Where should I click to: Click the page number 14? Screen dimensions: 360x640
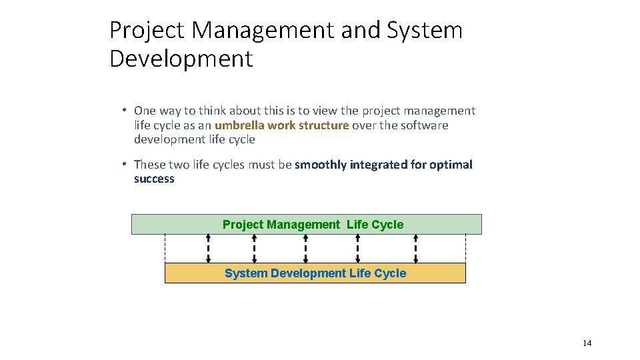pos(587,343)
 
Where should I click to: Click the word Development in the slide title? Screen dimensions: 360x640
pos(181,59)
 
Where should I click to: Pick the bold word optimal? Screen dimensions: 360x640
pos(451,165)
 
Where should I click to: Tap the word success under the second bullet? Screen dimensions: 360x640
pos(154,179)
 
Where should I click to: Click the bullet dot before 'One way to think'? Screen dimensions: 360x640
pos(125,111)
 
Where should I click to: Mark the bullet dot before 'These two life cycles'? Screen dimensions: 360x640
pos(125,164)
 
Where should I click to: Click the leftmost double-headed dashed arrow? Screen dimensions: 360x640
pos(208,249)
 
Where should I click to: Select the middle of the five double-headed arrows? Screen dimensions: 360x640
pos(305,249)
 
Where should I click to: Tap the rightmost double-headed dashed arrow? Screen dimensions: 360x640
pos(416,249)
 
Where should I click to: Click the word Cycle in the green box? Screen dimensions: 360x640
pos(387,225)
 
